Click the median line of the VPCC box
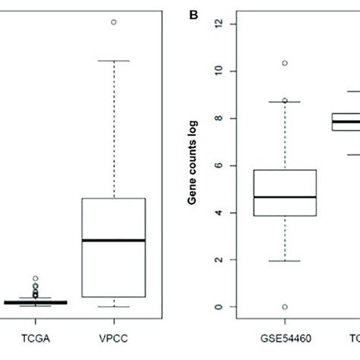113,240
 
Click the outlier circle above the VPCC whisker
113,22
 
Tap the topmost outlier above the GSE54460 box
285,63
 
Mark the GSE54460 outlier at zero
285,307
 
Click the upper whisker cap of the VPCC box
113,60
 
